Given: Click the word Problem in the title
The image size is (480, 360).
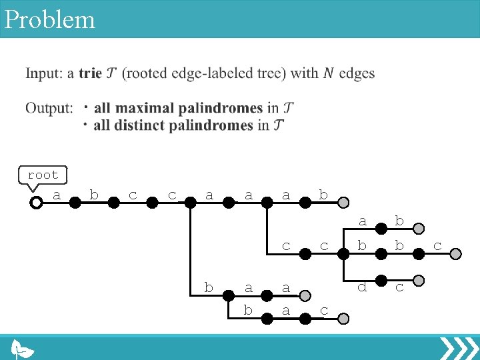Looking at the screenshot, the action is [50, 19].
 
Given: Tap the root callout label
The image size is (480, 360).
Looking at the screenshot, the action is [43, 175].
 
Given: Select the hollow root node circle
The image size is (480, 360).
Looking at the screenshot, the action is [36, 202].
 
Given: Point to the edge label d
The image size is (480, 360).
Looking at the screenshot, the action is [362, 288].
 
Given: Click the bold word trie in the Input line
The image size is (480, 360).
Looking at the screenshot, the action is [90, 73].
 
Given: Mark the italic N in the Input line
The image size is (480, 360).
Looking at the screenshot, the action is [328, 73].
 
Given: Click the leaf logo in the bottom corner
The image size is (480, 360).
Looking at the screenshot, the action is [24, 349].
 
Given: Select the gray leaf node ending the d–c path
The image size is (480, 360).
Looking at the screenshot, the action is [419, 279].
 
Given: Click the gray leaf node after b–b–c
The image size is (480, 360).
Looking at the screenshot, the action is [456, 253].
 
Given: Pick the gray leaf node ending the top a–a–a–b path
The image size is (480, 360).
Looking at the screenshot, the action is [342, 202].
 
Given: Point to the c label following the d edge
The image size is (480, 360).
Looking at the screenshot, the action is [399, 288].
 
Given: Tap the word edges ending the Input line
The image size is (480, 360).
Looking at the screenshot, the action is [357, 73].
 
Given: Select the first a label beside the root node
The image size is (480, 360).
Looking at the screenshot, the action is [57, 195].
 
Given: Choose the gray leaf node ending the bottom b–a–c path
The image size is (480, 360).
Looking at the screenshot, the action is [342, 319].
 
